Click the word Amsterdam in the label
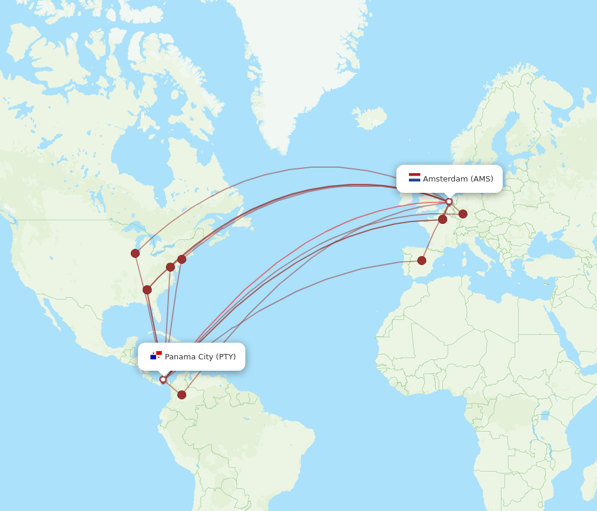(445, 179)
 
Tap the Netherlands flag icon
(414, 177)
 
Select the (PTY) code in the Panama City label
(226, 357)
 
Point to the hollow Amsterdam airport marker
(449, 202)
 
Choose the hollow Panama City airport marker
(163, 379)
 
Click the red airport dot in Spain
(421, 260)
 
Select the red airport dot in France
(442, 219)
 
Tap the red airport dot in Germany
(463, 214)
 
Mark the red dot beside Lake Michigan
(136, 253)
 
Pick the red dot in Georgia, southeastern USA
(147, 290)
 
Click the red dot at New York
(181, 259)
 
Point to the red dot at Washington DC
(170, 267)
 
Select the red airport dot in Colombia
(181, 395)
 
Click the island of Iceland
(370, 118)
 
